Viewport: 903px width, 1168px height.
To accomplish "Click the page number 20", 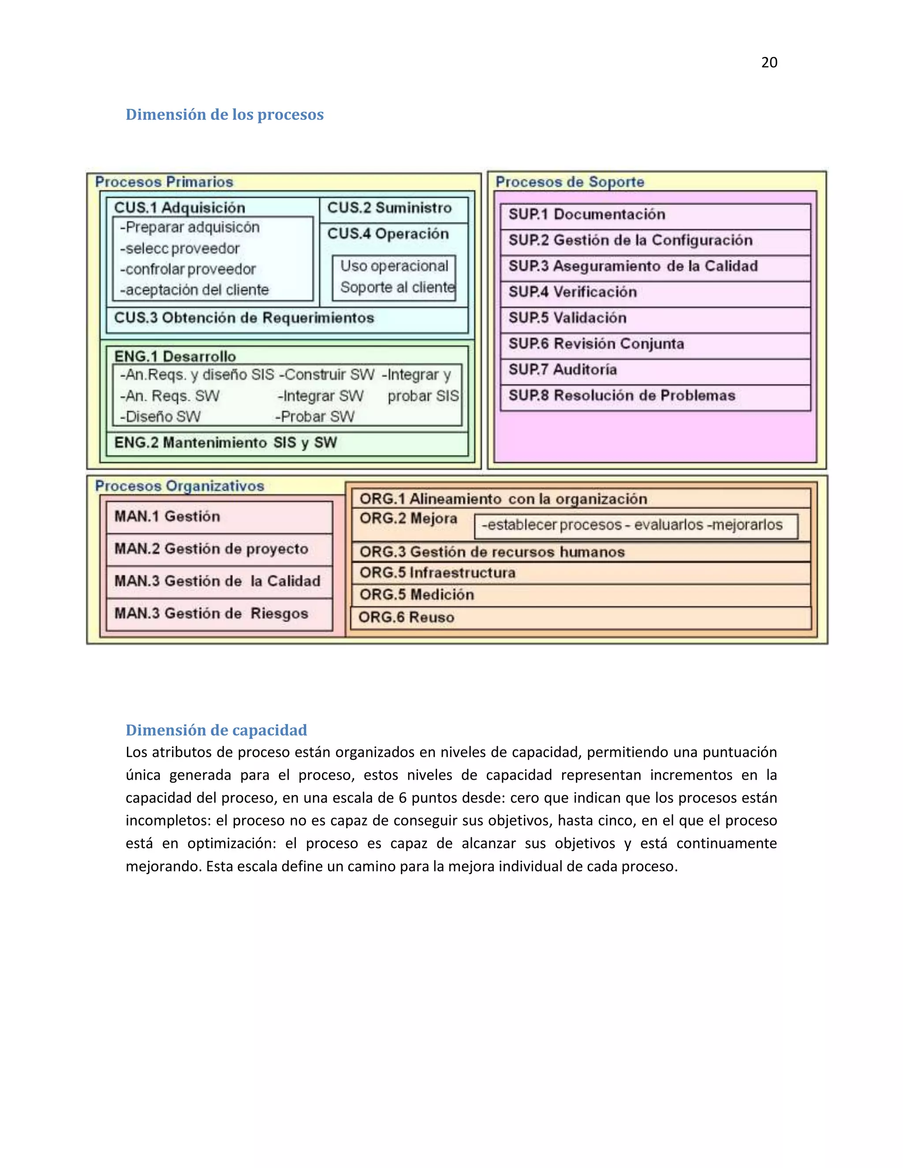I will coord(769,63).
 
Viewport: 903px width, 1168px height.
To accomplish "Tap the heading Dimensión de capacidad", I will coord(216,730).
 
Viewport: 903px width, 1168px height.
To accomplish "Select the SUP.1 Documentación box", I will coord(655,215).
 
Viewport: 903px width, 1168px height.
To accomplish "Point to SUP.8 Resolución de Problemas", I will coord(655,396).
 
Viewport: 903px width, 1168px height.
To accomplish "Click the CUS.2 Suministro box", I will coord(394,208).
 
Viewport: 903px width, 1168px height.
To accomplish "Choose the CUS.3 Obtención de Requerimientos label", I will coord(244,318).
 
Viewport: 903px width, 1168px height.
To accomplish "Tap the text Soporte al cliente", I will coord(397,288).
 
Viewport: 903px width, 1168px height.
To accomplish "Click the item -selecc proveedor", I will coord(180,249).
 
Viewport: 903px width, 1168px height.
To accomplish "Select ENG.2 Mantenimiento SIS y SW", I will coord(225,443).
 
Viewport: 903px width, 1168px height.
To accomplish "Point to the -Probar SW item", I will coord(315,417).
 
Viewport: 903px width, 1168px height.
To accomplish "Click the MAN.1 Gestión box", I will coord(219,517).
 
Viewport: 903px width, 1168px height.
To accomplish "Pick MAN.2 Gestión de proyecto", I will coord(219,549).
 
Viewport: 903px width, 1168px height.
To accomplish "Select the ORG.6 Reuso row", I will coord(580,617).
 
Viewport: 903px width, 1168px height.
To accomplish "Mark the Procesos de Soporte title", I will coord(570,182).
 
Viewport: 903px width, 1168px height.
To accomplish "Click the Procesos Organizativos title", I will coord(180,486).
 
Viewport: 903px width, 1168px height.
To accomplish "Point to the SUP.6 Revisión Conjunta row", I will coord(655,344).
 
